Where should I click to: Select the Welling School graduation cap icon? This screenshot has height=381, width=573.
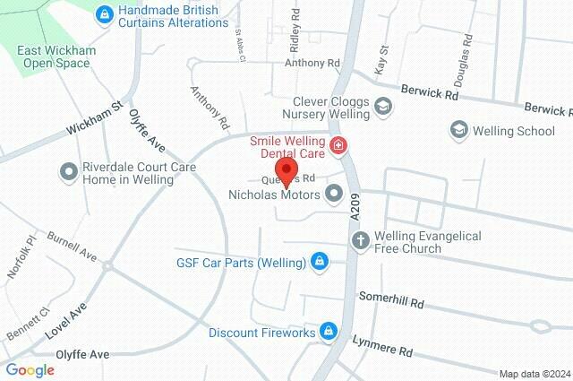point(458,131)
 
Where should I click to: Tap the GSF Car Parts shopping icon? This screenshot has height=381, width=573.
point(318,262)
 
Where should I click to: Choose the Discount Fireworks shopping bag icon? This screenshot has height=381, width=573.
point(329,333)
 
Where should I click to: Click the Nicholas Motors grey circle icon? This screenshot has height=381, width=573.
point(335,193)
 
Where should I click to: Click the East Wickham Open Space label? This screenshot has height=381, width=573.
point(54,56)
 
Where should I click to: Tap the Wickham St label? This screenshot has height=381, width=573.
point(93,118)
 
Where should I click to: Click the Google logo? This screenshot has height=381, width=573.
point(30,369)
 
